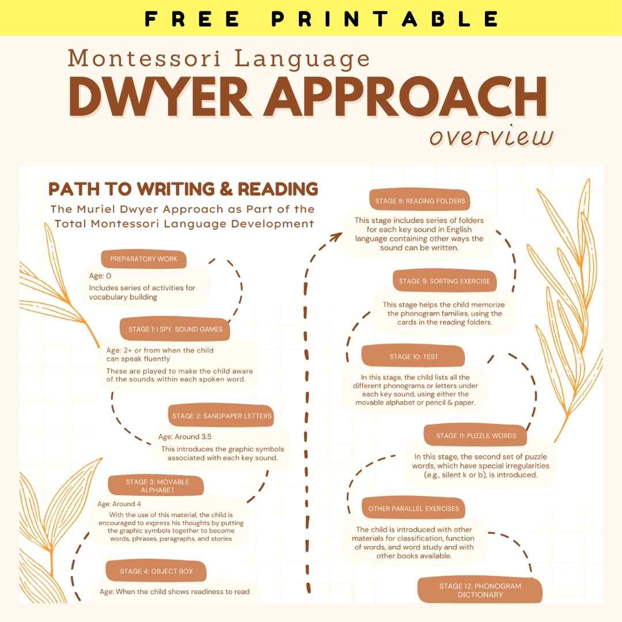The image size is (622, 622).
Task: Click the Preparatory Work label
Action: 144,259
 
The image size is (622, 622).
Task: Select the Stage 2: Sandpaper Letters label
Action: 222,416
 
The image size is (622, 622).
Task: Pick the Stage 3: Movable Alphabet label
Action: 157,486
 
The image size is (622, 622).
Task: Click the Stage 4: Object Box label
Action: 156,571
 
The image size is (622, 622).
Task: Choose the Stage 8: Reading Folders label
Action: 420,201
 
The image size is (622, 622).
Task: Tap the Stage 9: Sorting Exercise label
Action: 444,281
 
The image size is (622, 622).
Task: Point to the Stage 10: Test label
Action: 414,356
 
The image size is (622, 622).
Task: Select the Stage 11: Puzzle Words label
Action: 476,436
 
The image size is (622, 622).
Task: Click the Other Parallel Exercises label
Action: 414,509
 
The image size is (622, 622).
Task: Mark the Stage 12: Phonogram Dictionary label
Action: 480,590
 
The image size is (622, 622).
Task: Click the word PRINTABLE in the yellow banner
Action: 385,18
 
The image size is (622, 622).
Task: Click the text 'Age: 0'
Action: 100,276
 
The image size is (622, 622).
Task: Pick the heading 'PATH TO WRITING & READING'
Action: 183,189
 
